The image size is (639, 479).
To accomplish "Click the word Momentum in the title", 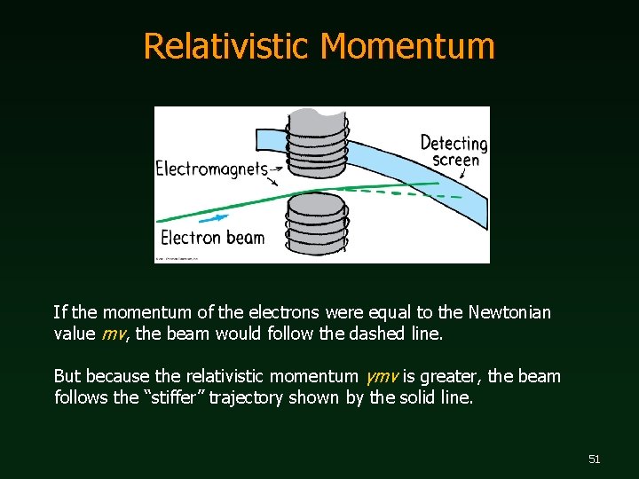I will pos(408,46).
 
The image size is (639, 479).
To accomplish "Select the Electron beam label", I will pos(213,237).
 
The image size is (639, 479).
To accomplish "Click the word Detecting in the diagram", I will pos(454,143).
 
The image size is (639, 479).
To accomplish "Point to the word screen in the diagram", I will pos(455,160).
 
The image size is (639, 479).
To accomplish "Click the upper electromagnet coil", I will pos(318,142).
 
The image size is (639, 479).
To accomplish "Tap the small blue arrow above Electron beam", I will pos(213,216).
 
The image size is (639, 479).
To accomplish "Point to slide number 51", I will pos(594,459).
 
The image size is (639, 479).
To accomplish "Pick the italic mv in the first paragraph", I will pos(113,334).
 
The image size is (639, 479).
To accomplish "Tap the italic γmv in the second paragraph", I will pos(381,376).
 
